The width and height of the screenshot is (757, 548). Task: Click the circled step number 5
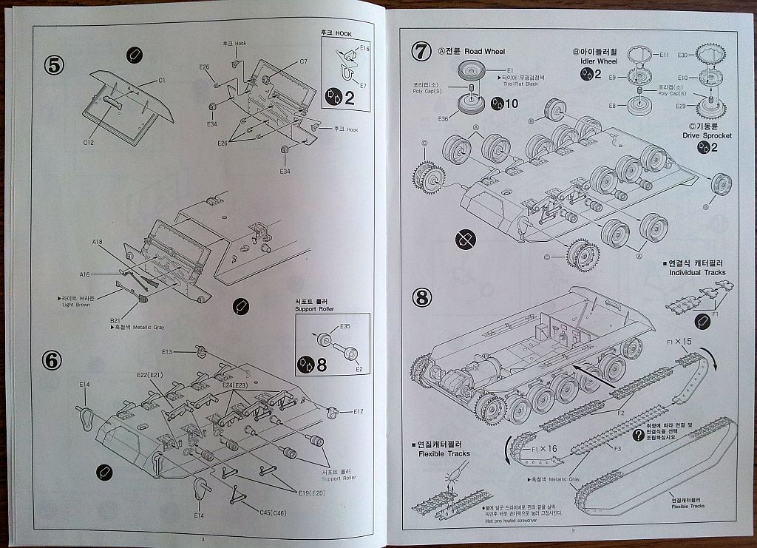[x=54, y=64]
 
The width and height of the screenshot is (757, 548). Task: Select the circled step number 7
[x=421, y=52]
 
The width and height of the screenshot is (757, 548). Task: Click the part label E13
[x=167, y=351]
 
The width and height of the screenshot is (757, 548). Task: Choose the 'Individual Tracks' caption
[x=697, y=272]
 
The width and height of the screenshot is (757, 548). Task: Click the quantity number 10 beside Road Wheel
[x=510, y=104]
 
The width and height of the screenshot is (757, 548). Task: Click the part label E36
[x=443, y=118]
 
